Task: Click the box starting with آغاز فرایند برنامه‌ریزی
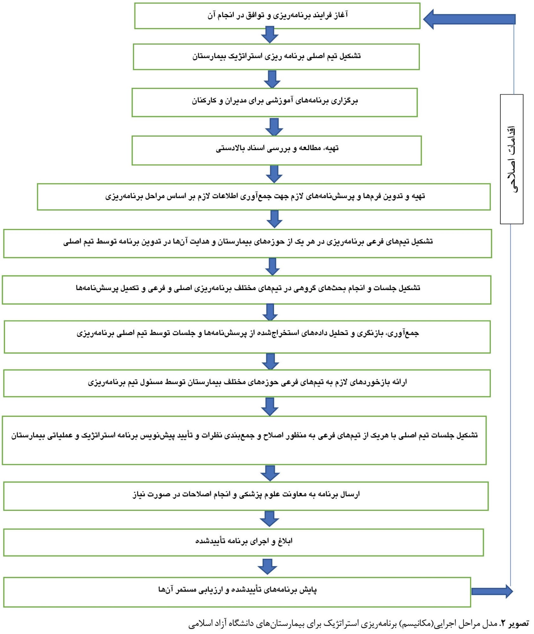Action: pyautogui.click(x=277, y=16)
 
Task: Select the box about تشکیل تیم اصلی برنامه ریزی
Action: pyautogui.click(x=276, y=57)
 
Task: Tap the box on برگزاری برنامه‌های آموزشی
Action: pyautogui.click(x=275, y=102)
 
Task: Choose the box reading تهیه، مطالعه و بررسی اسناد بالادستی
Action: pyautogui.click(x=277, y=151)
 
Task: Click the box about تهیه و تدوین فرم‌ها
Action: pyautogui.click(x=264, y=197)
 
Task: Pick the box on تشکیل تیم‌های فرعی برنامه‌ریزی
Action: pyautogui.click(x=248, y=243)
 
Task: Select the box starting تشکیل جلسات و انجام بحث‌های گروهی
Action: pyautogui.click(x=247, y=290)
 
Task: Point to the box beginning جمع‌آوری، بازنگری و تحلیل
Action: pyautogui.click(x=247, y=337)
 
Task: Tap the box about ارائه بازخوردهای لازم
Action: pyautogui.click(x=247, y=383)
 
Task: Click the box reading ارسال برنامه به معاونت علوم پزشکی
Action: pyautogui.click(x=246, y=496)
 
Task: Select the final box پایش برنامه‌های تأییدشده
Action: pyautogui.click(x=237, y=592)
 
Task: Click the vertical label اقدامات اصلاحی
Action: pyautogui.click(x=511, y=159)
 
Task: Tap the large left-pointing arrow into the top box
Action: pyautogui.click(x=469, y=19)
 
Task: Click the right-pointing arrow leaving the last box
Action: pyautogui.click(x=492, y=591)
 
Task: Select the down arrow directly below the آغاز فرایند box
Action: pyautogui.click(x=270, y=35)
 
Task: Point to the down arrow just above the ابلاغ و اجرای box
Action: pyautogui.click(x=270, y=519)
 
